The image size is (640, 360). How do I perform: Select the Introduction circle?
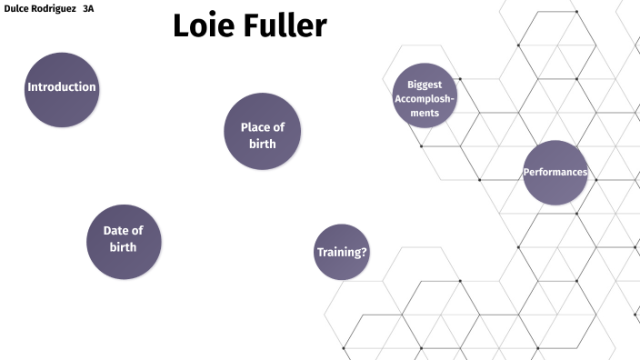62,88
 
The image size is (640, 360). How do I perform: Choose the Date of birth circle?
124,241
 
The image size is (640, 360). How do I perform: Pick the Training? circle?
342,252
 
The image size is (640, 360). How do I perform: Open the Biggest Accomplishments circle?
424,96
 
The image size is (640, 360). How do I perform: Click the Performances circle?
555,172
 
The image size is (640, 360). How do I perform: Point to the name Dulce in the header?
19,7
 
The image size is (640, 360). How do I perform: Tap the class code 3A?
88,7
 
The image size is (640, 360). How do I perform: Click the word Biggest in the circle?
424,85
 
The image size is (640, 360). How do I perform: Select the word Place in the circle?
255,127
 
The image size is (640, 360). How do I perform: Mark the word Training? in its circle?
342,252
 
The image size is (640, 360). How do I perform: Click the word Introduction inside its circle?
62,87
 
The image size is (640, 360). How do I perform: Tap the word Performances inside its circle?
555,172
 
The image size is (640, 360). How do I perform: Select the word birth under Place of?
262,144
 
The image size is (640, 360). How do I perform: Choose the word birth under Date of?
124,247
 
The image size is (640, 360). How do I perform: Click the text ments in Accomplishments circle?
424,113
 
